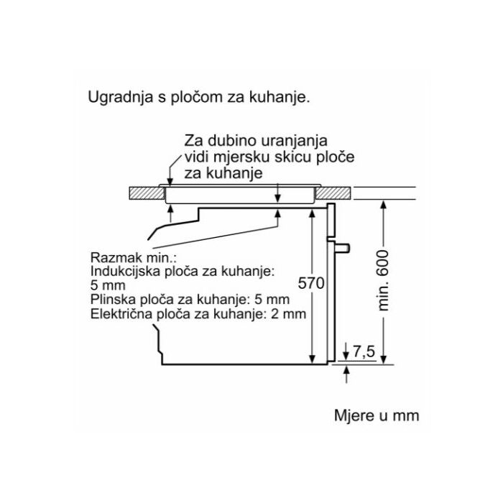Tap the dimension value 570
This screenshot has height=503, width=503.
pyautogui.click(x=307, y=284)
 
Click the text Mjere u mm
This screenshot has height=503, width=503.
pyautogui.click(x=376, y=416)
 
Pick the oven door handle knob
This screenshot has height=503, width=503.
pyautogui.click(x=344, y=247)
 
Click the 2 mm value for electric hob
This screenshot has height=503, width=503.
pyautogui.click(x=292, y=314)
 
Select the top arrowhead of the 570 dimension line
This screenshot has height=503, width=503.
pyautogui.click(x=312, y=216)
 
